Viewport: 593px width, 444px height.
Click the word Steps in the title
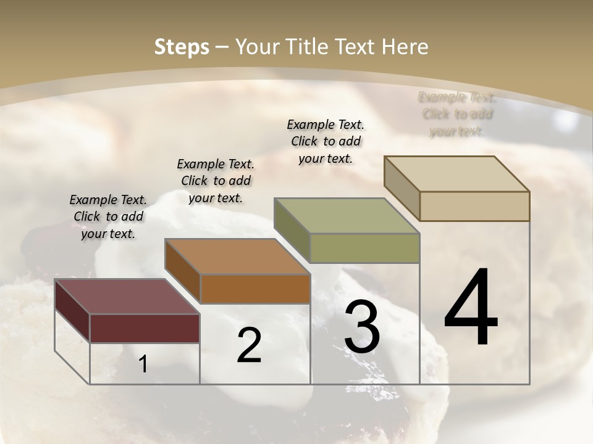(x=181, y=47)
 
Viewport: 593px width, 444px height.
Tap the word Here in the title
(x=405, y=47)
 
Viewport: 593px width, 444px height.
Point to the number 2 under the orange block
(x=249, y=345)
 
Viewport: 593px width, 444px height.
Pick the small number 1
(x=143, y=364)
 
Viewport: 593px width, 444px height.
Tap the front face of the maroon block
(x=145, y=328)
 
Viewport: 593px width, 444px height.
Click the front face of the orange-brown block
(x=255, y=289)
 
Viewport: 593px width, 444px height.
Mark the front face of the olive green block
(x=364, y=248)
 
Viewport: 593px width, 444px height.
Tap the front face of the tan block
(x=474, y=206)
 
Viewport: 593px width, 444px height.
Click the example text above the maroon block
(x=108, y=216)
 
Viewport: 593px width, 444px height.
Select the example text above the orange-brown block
(x=216, y=181)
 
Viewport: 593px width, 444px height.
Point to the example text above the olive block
(x=326, y=141)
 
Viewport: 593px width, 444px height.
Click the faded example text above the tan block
(x=457, y=114)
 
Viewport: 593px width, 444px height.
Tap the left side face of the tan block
(x=402, y=188)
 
